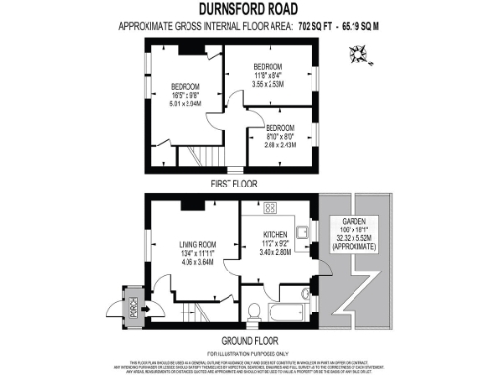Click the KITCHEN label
(278, 234)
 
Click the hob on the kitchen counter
(271, 208)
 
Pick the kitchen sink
(304, 230)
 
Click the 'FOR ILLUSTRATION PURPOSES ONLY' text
(250, 352)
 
